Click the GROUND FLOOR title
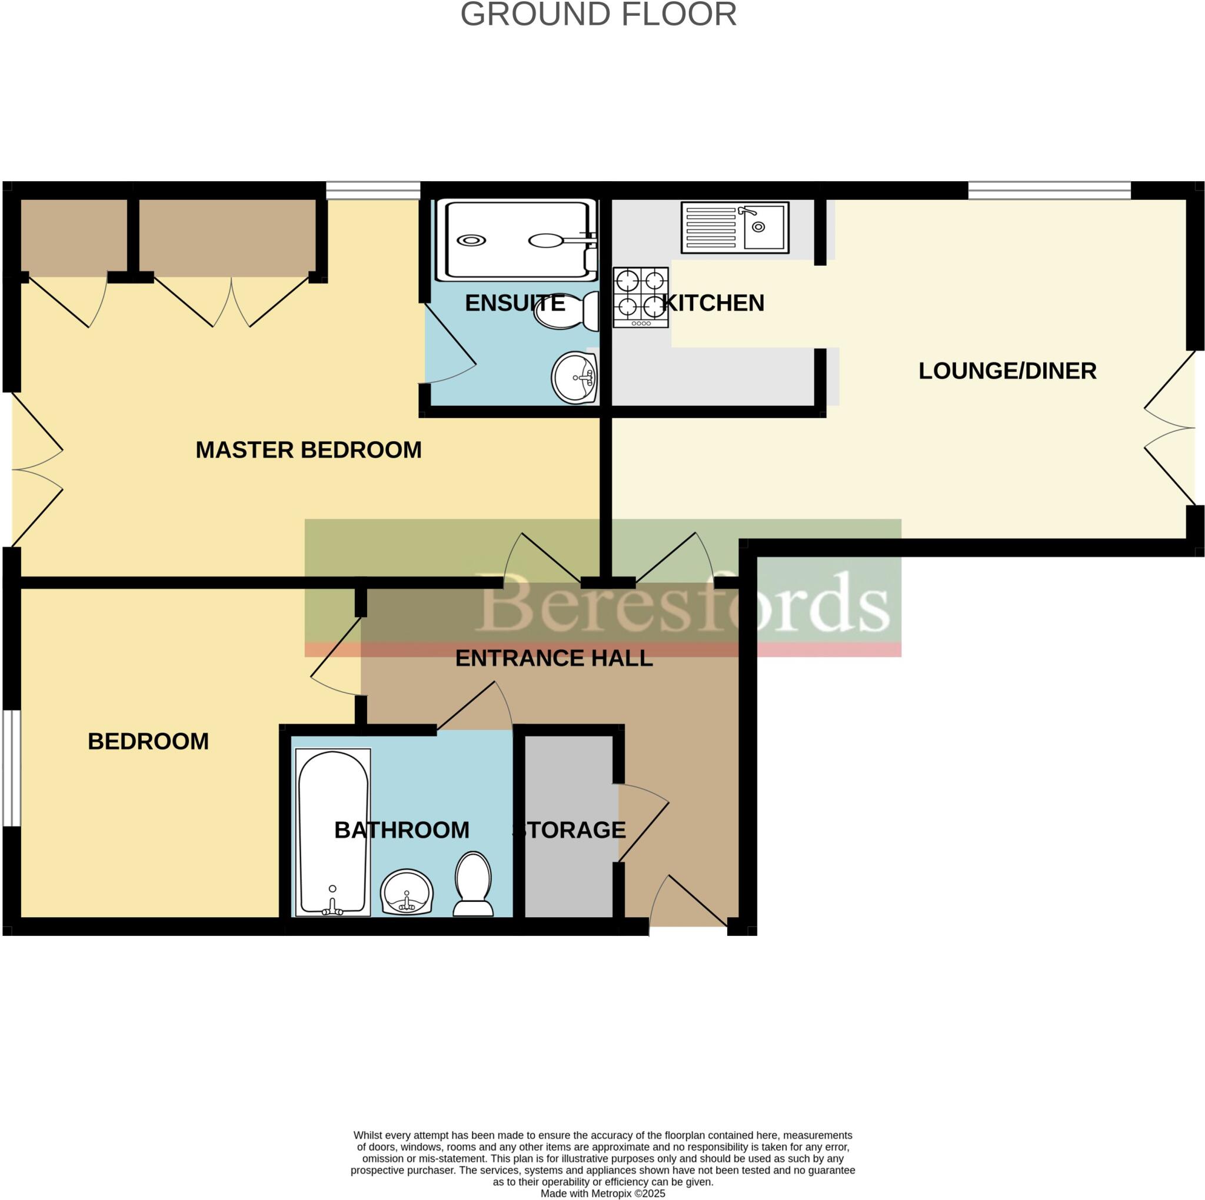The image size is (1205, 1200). coord(598,14)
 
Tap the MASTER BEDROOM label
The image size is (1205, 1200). coord(308,449)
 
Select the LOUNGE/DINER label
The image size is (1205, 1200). coord(1007,371)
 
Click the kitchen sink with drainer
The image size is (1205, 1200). coord(734,227)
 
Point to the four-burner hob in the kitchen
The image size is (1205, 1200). coord(641,298)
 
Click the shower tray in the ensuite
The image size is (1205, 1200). coord(517,240)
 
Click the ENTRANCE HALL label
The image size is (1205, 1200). coord(554,658)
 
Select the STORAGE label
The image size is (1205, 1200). coord(569,829)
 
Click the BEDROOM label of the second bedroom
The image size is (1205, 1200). coord(148,742)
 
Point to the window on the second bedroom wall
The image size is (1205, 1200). coord(11,768)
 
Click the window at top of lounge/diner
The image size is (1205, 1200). coord(1048,190)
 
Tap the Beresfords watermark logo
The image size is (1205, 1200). coord(683,601)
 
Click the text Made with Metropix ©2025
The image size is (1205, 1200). coord(602,1193)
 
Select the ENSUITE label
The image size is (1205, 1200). coord(515,303)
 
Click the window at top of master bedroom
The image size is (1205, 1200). coord(372,190)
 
